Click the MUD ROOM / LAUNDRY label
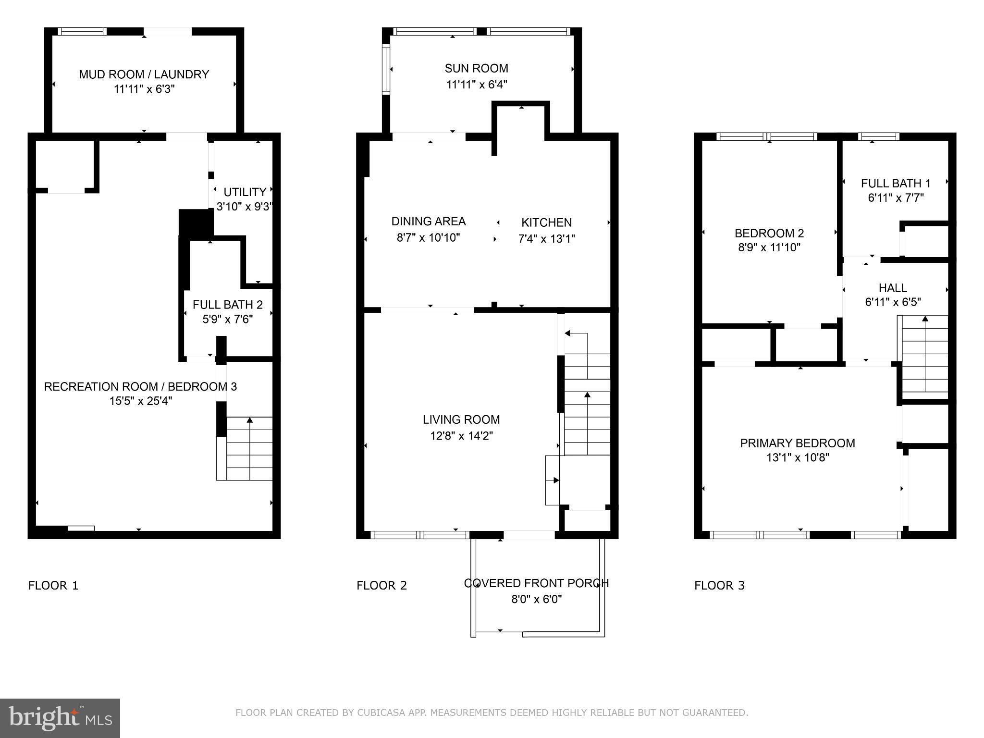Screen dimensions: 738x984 144,74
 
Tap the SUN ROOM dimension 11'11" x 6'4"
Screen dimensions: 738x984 477,85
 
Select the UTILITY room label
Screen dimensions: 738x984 245,192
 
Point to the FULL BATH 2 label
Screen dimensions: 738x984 228,305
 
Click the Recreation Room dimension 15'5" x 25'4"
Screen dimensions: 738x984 140,401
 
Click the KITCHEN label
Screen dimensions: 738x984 546,222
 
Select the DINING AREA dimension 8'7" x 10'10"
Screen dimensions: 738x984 428,238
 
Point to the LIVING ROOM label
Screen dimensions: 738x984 461,419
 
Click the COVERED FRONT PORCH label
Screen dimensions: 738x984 536,583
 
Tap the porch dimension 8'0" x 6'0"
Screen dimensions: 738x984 536,599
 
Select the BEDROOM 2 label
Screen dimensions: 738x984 769,234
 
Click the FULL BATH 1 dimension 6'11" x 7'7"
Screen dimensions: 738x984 896,198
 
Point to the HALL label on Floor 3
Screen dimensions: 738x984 893,288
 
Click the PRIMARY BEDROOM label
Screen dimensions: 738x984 797,443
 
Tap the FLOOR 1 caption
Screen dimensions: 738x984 53,585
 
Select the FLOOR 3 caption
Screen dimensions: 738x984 719,585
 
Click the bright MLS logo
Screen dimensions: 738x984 60,718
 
